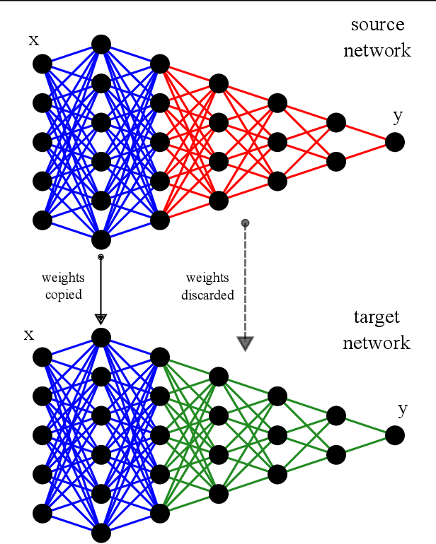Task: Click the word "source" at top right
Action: [x=377, y=25]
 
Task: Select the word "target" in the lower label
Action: [x=376, y=317]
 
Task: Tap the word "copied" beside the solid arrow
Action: [x=63, y=295]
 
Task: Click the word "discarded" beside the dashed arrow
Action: [x=207, y=295]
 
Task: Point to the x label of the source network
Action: [x=33, y=40]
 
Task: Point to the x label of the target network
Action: [x=29, y=333]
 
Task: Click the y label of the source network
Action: [x=398, y=117]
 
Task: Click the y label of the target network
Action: [x=402, y=409]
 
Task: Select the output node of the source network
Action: [x=395, y=142]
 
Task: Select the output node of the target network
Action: [x=395, y=435]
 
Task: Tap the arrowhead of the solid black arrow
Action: [x=101, y=319]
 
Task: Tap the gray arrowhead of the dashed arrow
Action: [x=245, y=343]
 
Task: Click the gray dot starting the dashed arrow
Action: [x=245, y=223]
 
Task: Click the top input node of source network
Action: [x=42, y=64]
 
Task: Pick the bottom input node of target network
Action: [x=42, y=513]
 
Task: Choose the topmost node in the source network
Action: [x=101, y=45]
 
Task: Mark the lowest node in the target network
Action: [x=101, y=533]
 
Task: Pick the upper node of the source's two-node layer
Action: [x=336, y=123]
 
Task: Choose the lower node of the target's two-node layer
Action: [x=336, y=454]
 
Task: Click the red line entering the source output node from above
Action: [x=365, y=133]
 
